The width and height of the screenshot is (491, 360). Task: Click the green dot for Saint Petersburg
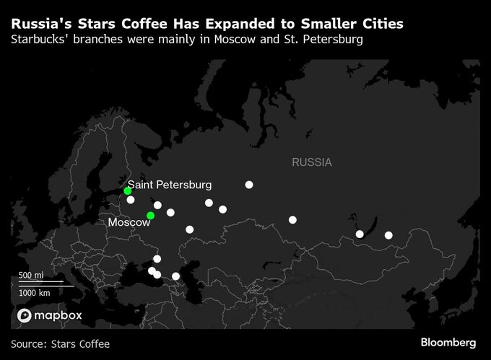click(127, 191)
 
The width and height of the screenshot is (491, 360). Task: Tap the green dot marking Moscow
click(150, 216)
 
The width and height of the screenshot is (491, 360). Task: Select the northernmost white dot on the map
click(249, 185)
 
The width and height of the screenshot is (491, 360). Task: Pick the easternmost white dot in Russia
click(388, 235)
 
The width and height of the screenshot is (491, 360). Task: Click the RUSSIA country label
click(312, 162)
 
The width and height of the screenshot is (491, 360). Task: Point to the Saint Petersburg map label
click(170, 185)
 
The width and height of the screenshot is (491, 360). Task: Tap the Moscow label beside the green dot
click(129, 222)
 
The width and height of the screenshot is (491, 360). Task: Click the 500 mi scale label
click(32, 276)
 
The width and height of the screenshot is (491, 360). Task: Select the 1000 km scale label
click(35, 293)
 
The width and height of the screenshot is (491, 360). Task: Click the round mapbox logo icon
click(24, 316)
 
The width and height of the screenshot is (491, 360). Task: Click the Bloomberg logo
click(448, 341)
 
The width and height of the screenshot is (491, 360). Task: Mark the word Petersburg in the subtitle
click(331, 39)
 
